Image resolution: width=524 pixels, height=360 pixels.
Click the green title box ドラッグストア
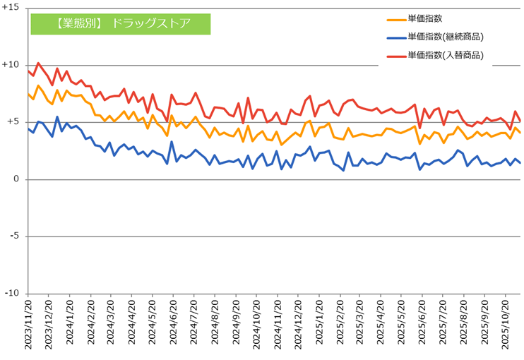121,23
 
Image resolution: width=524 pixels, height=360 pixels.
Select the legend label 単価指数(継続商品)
445,37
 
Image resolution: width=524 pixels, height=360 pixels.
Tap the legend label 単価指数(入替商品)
445,54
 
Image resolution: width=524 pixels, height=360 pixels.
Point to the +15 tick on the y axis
11,7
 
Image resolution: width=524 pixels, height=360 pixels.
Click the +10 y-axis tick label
11,64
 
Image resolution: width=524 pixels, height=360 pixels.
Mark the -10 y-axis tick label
12,294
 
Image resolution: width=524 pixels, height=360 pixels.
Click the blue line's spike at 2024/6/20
172,142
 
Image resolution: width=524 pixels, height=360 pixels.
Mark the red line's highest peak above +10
38,63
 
